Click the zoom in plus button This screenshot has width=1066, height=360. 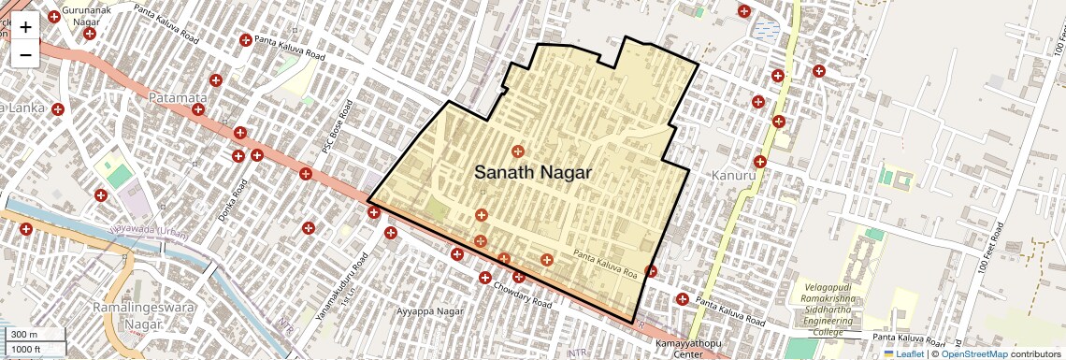coord(25,27)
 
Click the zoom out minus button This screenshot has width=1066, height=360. coord(25,55)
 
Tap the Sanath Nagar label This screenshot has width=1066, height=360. coord(533,173)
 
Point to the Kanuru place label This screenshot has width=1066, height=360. coord(732,176)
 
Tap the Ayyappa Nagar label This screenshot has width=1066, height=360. coord(430,310)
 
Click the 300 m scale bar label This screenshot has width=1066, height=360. coord(25,335)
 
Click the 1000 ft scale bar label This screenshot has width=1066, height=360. coord(27,349)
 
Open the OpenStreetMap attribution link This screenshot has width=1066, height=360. coord(973,353)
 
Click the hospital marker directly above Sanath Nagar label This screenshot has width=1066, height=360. coord(517,151)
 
